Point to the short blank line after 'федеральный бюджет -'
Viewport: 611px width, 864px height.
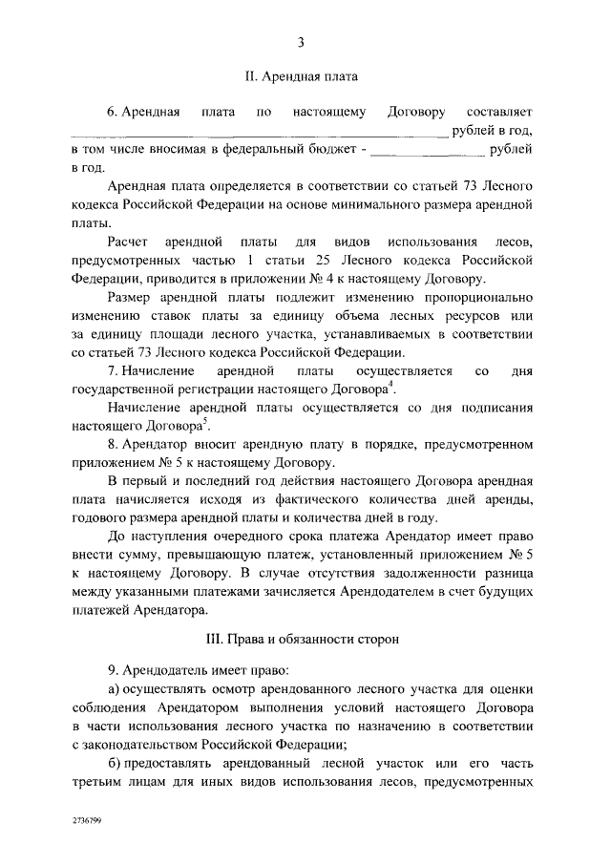pyautogui.click(x=426, y=151)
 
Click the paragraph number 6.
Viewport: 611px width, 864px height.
pyautogui.click(x=112, y=113)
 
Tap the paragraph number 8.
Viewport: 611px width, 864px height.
pyautogui.click(x=112, y=444)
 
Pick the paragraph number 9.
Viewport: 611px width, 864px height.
pyautogui.click(x=112, y=669)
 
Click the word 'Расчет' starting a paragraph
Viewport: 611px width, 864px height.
pyautogui.click(x=129, y=241)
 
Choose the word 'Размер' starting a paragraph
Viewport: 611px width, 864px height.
pyautogui.click(x=130, y=297)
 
